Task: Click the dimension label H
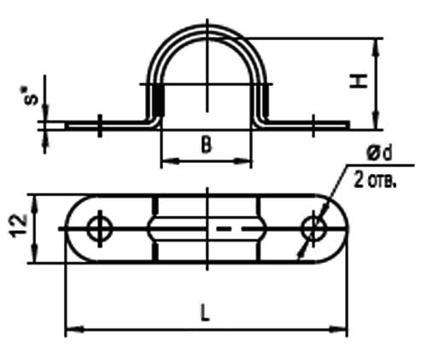point(362,81)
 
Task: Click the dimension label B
point(206,146)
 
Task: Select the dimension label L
point(205,313)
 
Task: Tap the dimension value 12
point(18,228)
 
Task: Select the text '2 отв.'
point(375,183)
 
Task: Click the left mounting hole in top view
point(99,228)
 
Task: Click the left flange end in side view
point(69,125)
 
